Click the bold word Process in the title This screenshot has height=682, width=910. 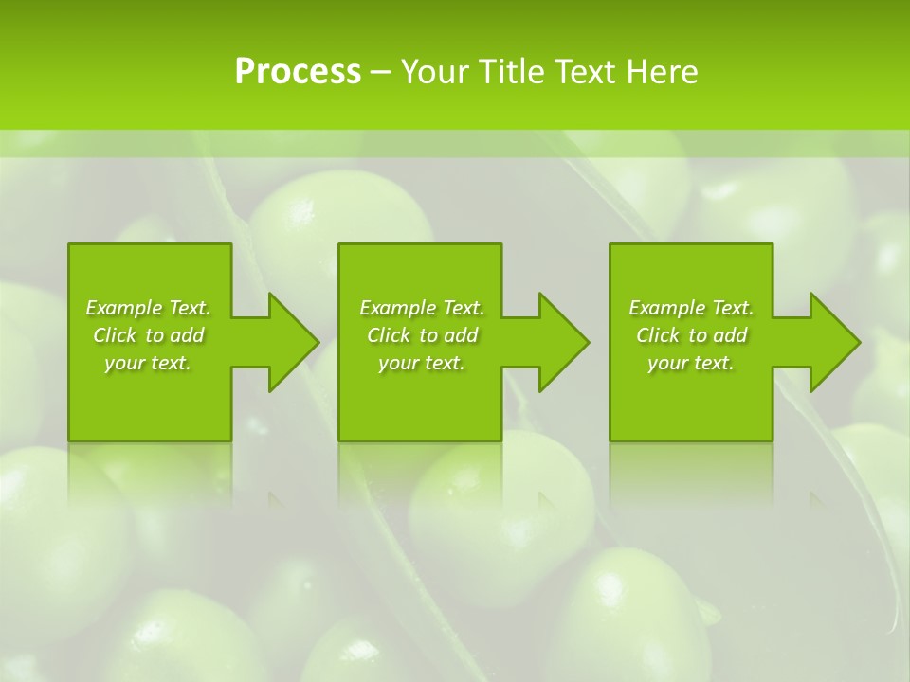click(x=298, y=72)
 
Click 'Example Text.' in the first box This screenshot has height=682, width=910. click(x=148, y=308)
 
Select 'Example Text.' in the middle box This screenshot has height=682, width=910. click(x=422, y=308)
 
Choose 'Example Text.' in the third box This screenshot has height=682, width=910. click(x=691, y=308)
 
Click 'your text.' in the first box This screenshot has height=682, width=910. click(x=148, y=363)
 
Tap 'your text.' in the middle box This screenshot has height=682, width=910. click(x=422, y=363)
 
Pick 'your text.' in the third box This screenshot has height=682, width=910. click(x=691, y=363)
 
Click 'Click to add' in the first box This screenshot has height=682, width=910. click(x=148, y=335)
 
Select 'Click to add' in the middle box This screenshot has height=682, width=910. click(x=422, y=335)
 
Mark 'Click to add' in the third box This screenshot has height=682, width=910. click(x=691, y=335)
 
